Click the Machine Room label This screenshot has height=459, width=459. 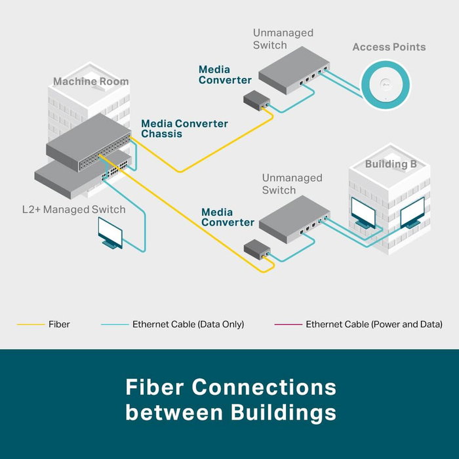click(x=90, y=82)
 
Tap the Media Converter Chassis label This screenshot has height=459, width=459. click(x=184, y=129)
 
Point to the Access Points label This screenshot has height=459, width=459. click(x=389, y=47)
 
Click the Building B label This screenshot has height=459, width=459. click(x=390, y=164)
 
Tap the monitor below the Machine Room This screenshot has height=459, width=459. click(x=110, y=232)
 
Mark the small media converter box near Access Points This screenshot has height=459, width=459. click(x=256, y=101)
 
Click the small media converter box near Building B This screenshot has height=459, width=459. click(x=256, y=249)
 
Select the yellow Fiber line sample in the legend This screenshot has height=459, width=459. click(x=30, y=325)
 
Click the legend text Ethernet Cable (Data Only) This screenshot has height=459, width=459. click(x=188, y=325)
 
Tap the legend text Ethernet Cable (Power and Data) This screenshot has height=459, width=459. click(x=374, y=325)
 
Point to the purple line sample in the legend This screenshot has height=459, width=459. click(x=288, y=325)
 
